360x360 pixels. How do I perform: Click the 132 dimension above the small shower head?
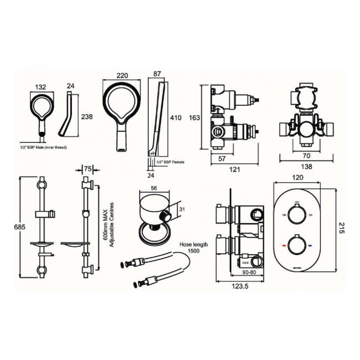pyautogui.click(x=40, y=86)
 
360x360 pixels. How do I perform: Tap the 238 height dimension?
pyautogui.click(x=86, y=117)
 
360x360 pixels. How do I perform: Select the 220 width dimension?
pyautogui.click(x=124, y=76)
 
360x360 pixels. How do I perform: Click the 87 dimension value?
pyautogui.click(x=157, y=74)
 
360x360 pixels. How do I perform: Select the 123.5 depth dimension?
pyautogui.click(x=240, y=286)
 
